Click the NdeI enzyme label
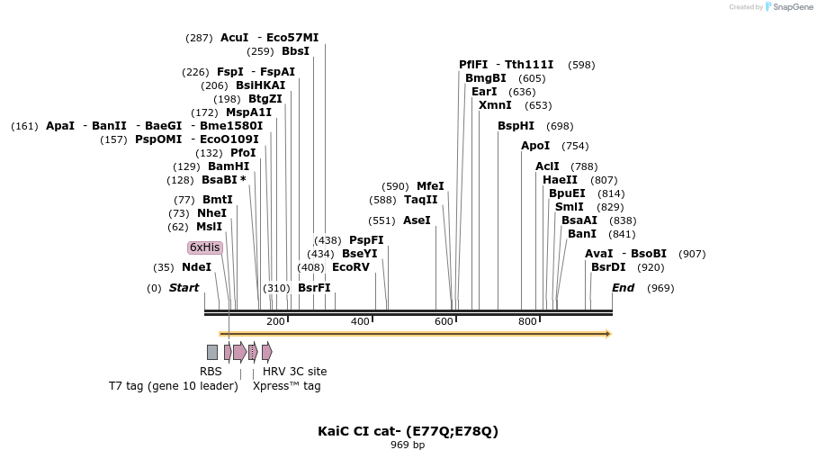tap(196, 267)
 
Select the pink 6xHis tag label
tap(204, 247)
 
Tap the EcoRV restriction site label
tap(351, 267)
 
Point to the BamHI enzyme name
tap(229, 166)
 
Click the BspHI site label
tap(516, 126)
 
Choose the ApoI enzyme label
tap(535, 146)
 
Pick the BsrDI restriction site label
tap(608, 267)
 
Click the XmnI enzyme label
tap(495, 105)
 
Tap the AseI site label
tap(417, 220)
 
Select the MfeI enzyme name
tap(430, 186)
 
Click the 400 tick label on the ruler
tap(360, 321)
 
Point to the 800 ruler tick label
tap(527, 321)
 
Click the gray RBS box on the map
tap(212, 352)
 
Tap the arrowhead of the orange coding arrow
tap(608, 334)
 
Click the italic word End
tap(623, 288)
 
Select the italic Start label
tap(184, 288)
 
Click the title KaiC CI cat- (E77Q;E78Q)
tap(408, 431)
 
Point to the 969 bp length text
tap(408, 445)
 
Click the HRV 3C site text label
tap(294, 372)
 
